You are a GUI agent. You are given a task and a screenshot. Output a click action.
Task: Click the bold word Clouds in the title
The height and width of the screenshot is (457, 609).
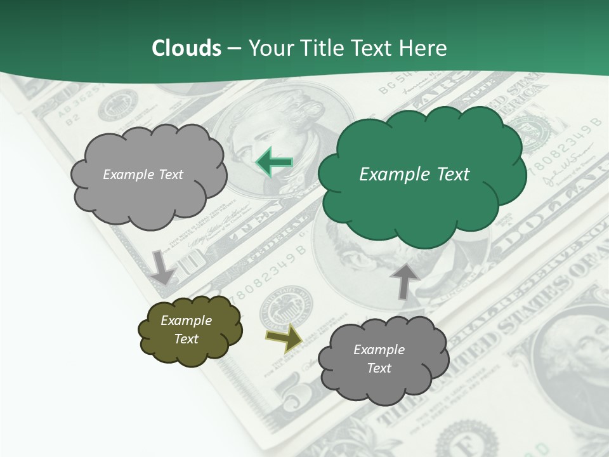[186, 48]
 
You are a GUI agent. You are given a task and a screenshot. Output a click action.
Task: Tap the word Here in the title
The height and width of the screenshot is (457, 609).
[424, 48]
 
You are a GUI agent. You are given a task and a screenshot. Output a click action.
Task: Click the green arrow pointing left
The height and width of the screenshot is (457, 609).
[274, 162]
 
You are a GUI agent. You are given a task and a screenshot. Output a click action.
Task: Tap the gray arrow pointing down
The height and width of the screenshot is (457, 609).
[163, 267]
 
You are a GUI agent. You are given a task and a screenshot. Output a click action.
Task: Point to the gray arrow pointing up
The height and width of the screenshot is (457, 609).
[404, 281]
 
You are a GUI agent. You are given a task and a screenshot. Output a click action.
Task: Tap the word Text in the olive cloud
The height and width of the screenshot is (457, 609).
[186, 339]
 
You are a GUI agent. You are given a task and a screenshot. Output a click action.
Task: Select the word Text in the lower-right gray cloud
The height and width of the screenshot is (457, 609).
[379, 368]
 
